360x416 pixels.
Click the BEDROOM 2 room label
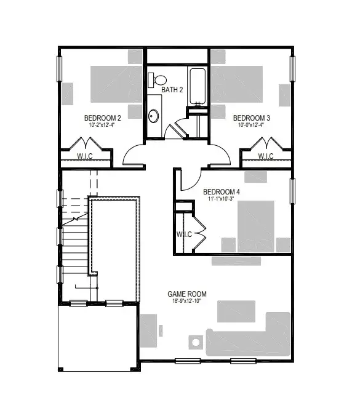[x=102, y=118]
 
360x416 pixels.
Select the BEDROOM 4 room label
[x=222, y=191]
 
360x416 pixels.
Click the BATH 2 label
[x=172, y=90]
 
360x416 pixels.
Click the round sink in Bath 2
[x=153, y=115]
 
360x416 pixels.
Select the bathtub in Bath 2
[x=197, y=85]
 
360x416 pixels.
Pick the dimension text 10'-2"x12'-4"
[x=102, y=125]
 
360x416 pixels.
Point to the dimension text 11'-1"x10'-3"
[x=222, y=199]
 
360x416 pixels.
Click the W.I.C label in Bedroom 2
[x=86, y=156]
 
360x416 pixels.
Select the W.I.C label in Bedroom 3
[x=266, y=156]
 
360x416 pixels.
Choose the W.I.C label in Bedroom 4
[x=184, y=234]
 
